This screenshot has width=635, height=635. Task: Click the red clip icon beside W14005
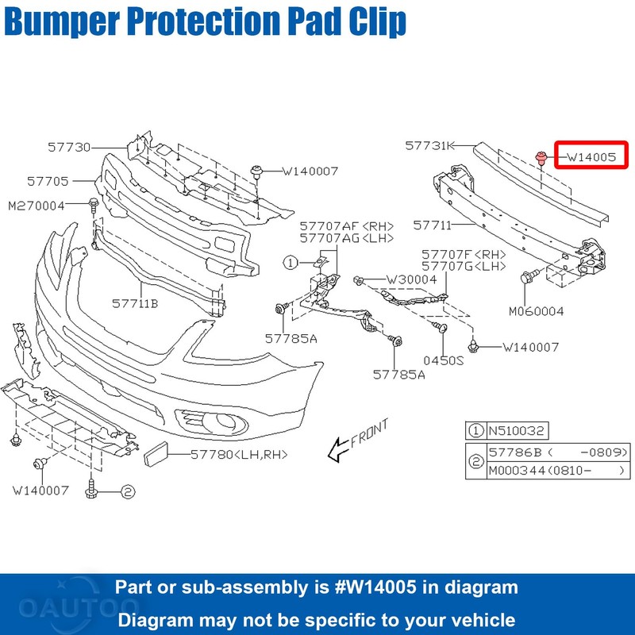[x=541, y=157]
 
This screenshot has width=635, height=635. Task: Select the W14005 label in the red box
[x=591, y=157]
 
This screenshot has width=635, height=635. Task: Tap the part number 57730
[x=69, y=147]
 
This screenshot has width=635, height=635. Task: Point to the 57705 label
[x=48, y=181]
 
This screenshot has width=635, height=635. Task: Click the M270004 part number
[x=37, y=206]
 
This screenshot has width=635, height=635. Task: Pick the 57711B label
[x=135, y=302]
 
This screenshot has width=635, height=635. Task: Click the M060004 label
[x=537, y=311]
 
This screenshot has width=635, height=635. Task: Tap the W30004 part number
[x=411, y=279]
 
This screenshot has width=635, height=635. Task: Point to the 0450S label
[x=443, y=360]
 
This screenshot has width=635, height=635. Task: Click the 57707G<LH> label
[x=465, y=266]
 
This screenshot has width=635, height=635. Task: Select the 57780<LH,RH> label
[x=238, y=454]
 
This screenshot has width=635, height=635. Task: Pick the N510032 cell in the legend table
[x=517, y=431]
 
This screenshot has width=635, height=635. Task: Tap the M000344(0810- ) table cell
[x=556, y=471]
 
